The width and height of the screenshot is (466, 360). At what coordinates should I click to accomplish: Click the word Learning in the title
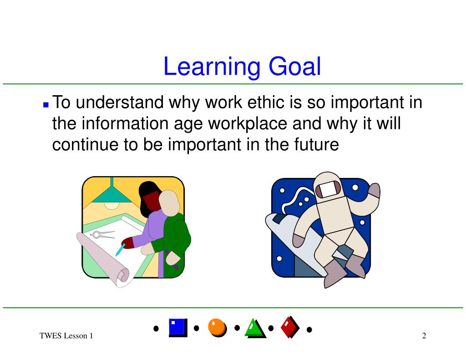pos(212,67)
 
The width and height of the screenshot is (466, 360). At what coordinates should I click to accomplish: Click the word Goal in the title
pos(294,67)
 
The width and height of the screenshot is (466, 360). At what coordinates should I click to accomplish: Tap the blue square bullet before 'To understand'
pos(46,104)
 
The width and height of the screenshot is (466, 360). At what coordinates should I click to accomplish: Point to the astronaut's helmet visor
pos(328,188)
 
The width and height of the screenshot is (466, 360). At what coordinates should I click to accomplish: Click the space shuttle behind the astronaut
pos(291,237)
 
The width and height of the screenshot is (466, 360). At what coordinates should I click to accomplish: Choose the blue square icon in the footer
pos(177,327)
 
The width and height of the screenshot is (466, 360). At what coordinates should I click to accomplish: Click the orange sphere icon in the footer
pos(217,327)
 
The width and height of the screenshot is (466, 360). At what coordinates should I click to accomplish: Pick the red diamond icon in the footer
pos(289,327)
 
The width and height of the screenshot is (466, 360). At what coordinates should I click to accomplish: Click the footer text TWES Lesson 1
pos(66,336)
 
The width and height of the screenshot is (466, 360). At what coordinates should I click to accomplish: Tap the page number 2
pos(424,336)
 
